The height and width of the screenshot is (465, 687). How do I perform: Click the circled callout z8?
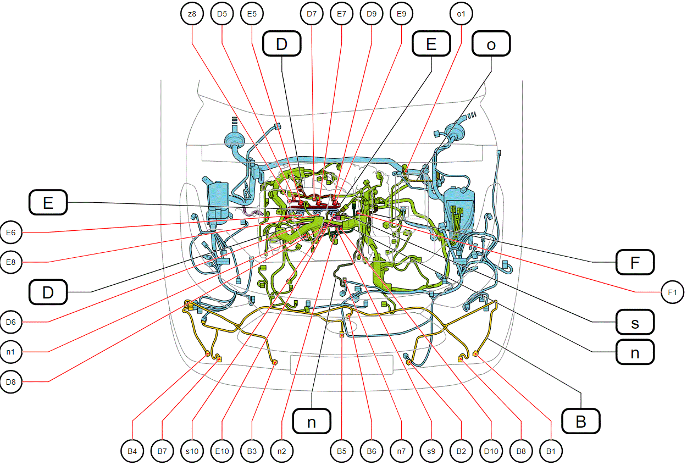click(x=192, y=14)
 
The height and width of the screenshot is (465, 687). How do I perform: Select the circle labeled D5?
click(x=222, y=14)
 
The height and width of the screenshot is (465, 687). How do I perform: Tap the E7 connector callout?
click(x=342, y=14)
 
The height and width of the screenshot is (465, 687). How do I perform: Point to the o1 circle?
click(x=461, y=14)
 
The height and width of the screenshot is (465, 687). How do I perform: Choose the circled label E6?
click(x=11, y=232)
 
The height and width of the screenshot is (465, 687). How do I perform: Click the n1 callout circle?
click(x=11, y=352)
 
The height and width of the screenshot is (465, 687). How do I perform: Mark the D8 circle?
click(x=11, y=382)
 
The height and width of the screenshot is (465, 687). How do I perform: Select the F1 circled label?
click(x=673, y=292)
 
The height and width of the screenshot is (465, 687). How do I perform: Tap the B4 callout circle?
click(x=132, y=451)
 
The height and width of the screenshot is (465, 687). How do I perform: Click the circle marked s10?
click(x=192, y=451)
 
